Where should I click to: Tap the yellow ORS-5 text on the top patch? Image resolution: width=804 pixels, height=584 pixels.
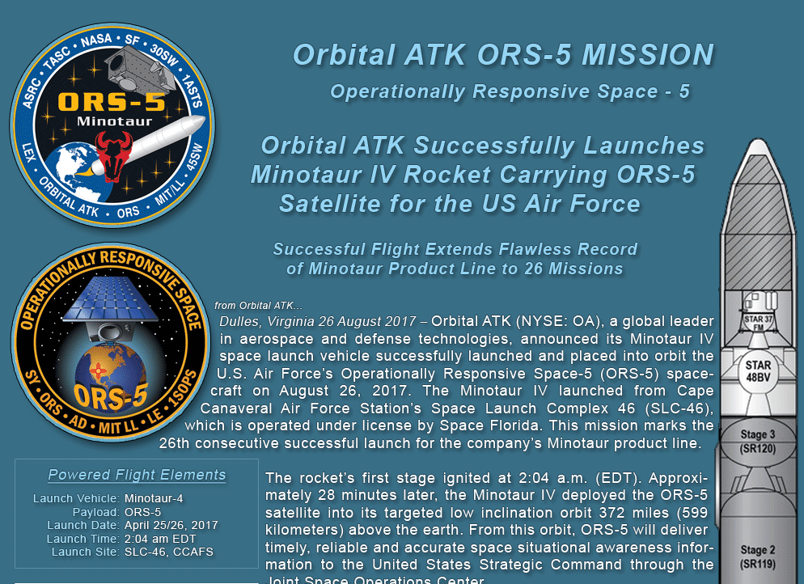(x=112, y=102)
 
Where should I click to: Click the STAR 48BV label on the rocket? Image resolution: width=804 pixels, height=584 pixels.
(x=758, y=371)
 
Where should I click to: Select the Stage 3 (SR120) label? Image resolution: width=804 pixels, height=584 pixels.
(x=757, y=442)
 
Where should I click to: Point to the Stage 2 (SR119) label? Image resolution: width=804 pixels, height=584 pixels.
(x=757, y=556)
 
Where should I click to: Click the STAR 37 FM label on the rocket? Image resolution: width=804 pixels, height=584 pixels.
(x=759, y=323)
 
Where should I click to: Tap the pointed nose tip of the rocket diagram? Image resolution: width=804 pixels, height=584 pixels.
(x=758, y=139)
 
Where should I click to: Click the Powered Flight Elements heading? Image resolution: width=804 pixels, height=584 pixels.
(x=137, y=475)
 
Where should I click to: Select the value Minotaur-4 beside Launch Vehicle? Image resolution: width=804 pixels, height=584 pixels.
(x=154, y=498)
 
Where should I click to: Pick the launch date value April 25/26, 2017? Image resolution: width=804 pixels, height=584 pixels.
(x=171, y=525)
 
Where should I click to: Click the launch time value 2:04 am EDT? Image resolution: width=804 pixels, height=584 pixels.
(x=160, y=539)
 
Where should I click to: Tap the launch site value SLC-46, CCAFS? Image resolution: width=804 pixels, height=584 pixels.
(x=169, y=552)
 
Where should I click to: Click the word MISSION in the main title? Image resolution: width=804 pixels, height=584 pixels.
(x=648, y=54)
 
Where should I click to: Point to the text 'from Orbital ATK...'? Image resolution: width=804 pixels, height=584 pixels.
(x=259, y=306)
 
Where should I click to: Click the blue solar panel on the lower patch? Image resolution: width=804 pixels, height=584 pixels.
(x=110, y=299)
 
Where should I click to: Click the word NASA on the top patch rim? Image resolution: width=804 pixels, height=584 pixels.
(x=97, y=41)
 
